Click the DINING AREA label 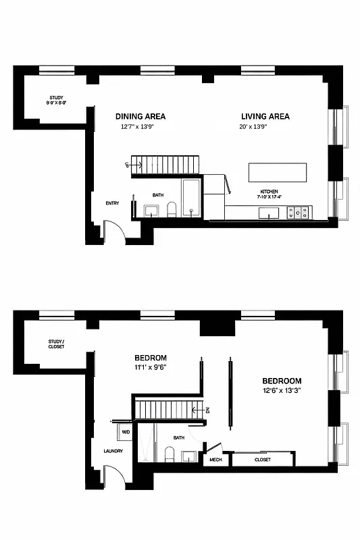[140, 116]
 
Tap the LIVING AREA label [265, 116]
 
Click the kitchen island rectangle [278, 172]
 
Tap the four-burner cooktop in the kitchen [299, 213]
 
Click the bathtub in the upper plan [191, 198]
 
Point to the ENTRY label [112, 203]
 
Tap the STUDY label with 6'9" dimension [55, 100]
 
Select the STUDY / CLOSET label [56, 344]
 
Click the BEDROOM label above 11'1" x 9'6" [150, 358]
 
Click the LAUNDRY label [112, 451]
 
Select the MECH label [215, 460]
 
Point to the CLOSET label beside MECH [263, 460]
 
